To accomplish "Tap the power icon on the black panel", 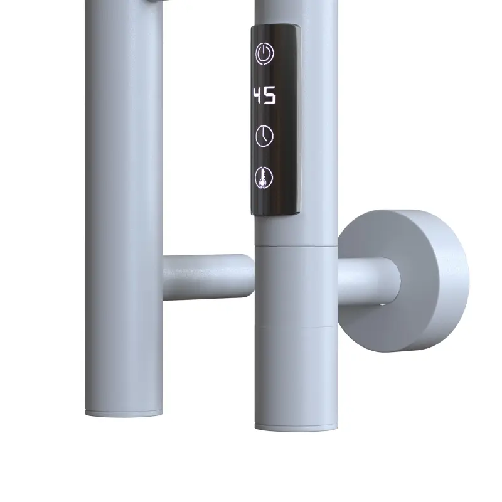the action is [264, 54].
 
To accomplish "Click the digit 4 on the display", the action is [257, 95].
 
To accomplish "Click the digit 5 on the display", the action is [270, 95].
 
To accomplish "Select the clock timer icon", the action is [264, 136].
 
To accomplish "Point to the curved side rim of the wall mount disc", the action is [448, 282].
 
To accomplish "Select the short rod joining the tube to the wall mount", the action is [368, 281].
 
